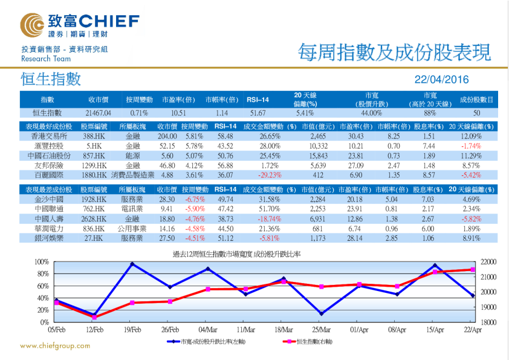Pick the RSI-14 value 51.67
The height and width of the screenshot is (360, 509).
pos(258,113)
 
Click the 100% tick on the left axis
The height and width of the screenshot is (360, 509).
pos(41,262)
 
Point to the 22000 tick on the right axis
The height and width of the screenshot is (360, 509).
pos(490,262)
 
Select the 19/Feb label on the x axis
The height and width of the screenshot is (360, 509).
pos(132,330)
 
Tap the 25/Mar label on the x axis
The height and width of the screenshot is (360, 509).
pos(321,330)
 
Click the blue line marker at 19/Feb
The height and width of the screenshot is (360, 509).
pos(132,264)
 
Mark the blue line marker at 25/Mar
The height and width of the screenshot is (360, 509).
pos(321,313)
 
